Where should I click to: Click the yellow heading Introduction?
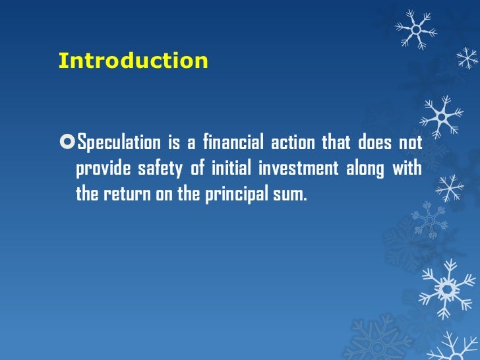[x=133, y=61]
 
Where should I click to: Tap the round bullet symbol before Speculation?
[x=67, y=142]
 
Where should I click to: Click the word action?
[x=295, y=142]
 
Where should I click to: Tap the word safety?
[x=160, y=169]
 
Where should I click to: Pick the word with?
[x=408, y=169]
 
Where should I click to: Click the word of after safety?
[x=197, y=169]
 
